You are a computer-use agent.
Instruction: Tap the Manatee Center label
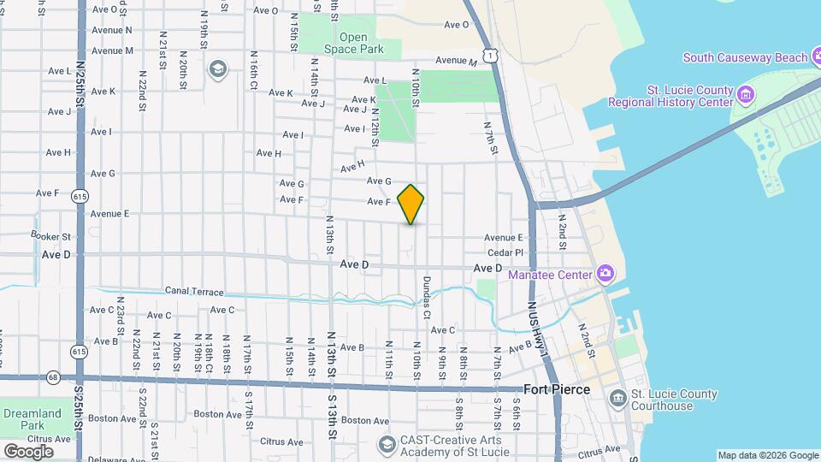(550, 275)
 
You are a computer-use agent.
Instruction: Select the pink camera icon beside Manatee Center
(605, 274)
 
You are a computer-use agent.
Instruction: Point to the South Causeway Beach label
(744, 57)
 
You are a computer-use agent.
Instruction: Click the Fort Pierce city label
(556, 389)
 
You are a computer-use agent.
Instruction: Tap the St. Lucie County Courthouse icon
(618, 399)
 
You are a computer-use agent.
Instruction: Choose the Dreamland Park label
(32, 419)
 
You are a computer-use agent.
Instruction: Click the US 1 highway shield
(488, 55)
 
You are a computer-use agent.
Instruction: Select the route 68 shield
(53, 376)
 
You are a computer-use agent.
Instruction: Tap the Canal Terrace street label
(194, 292)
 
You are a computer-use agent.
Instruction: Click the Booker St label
(50, 236)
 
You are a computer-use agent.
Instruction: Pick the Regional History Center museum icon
(745, 92)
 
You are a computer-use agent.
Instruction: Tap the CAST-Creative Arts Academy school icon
(387, 445)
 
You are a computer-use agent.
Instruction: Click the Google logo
(28, 451)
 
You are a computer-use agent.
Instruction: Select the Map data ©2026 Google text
(767, 455)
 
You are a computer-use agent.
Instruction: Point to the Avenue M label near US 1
(456, 61)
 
